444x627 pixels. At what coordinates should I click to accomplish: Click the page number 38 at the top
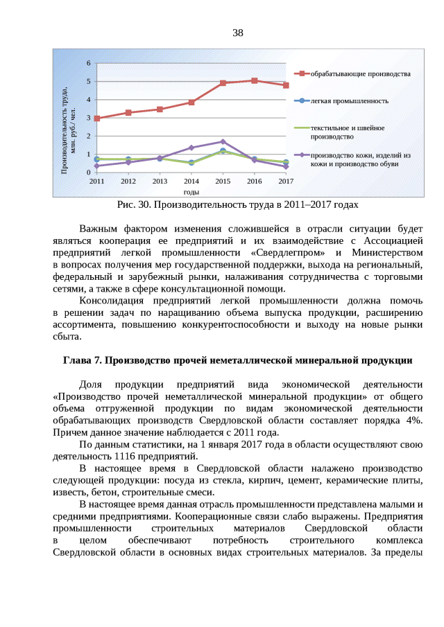pos(237,33)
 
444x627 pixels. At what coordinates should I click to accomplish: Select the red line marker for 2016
pos(254,81)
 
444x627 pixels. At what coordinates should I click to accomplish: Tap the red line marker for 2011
pos(97,118)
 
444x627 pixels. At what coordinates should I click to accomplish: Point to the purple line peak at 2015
pos(223,141)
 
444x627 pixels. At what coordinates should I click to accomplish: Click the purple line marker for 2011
pos(97,166)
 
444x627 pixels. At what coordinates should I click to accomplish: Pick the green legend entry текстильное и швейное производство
pos(347,132)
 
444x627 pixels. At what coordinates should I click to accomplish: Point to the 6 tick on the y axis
pos(88,64)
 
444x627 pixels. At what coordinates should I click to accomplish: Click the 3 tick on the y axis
pos(88,118)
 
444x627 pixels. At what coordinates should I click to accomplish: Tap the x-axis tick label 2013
pos(160,181)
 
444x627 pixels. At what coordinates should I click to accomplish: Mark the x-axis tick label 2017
pos(286,181)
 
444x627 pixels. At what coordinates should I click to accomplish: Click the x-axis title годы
pos(191,191)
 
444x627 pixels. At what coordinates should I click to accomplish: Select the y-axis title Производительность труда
pos(69,118)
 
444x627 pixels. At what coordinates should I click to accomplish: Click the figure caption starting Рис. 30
pos(238,205)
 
